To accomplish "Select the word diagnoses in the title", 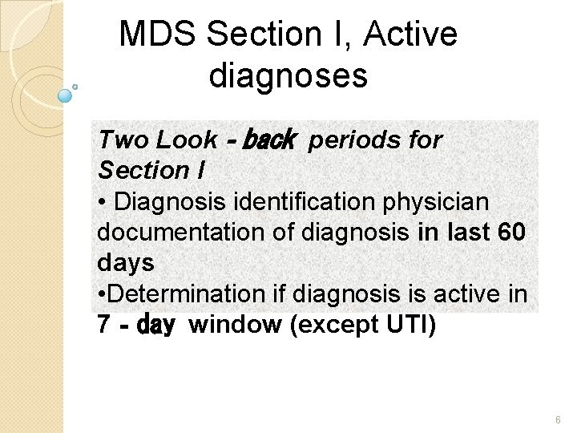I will tap(288, 76).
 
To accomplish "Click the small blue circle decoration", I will tap(66, 95).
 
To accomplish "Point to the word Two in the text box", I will tap(123, 140).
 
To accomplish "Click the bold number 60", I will tap(511, 233).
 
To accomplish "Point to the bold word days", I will tap(126, 263).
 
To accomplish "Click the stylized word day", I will tap(156, 326).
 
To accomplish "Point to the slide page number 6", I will tap(559, 419).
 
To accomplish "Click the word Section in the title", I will tap(264, 34).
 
